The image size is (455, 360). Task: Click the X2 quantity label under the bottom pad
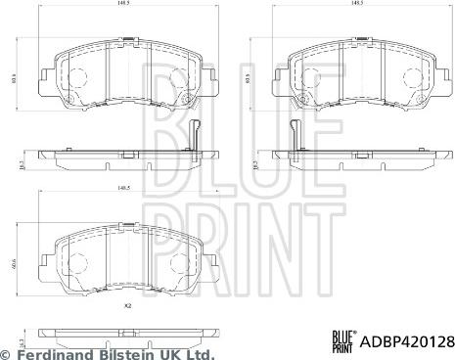click(x=127, y=307)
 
